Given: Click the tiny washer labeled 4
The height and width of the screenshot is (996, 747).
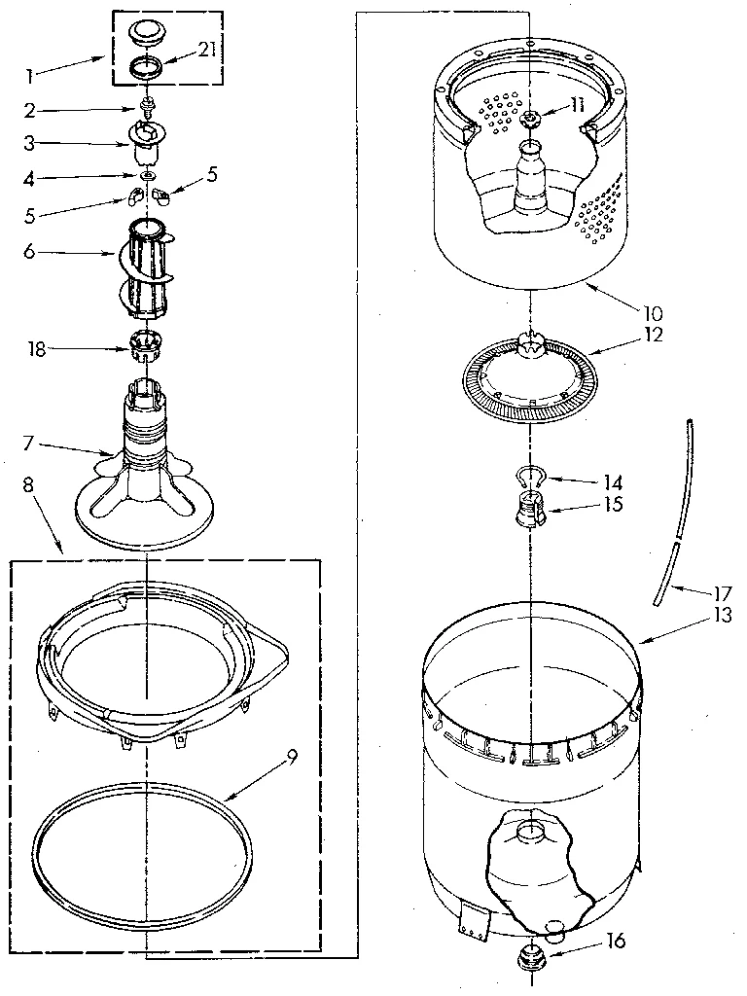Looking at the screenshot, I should (x=147, y=176).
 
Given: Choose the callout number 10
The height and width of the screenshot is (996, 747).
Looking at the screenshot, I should (x=651, y=313).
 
